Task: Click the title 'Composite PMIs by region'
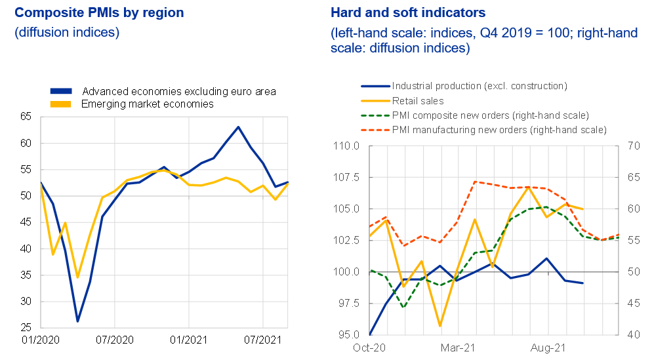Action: tap(99, 12)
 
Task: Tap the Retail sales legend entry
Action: tap(418, 101)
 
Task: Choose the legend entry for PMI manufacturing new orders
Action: tap(499, 130)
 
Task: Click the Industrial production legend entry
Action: tap(479, 86)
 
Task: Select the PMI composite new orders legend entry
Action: tap(490, 115)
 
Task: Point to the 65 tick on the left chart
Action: tap(26, 117)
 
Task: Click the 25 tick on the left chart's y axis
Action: tap(26, 328)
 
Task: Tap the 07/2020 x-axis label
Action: tap(114, 341)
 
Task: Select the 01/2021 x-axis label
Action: tap(189, 341)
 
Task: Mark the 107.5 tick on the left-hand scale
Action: tap(346, 177)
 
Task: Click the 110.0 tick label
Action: tap(346, 146)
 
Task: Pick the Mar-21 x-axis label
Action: tap(457, 348)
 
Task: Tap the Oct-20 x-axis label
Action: tap(369, 348)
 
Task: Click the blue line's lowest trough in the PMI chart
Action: tap(77, 321)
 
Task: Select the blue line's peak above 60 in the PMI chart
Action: tap(238, 127)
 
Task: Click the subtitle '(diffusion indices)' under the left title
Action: tap(67, 32)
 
